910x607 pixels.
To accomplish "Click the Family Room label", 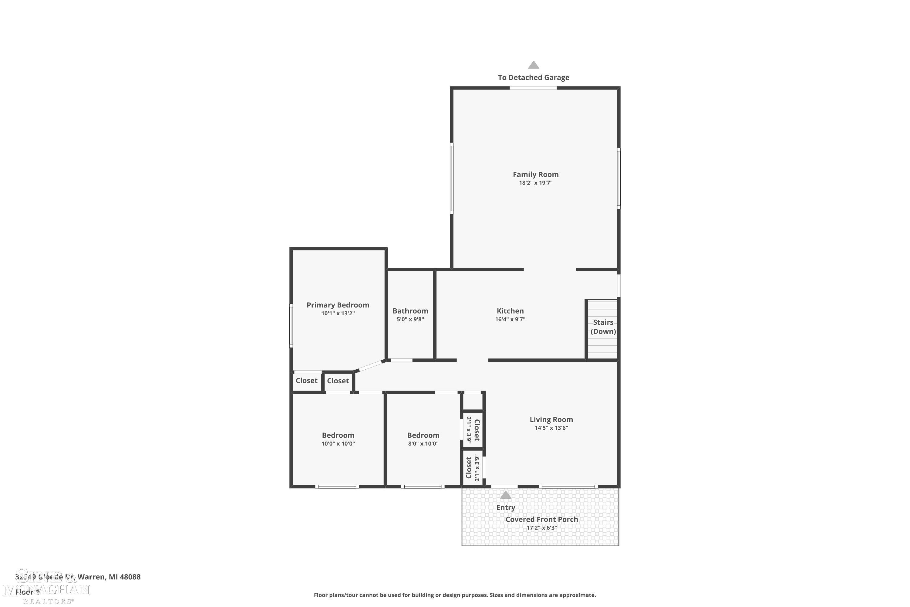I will pyautogui.click(x=535, y=174).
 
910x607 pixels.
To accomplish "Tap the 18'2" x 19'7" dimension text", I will pyautogui.click(x=535, y=183).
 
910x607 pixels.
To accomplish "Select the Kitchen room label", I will pyautogui.click(x=510, y=311).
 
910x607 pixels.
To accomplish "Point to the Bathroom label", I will pyautogui.click(x=410, y=311).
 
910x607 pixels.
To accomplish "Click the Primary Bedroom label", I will pyautogui.click(x=338, y=305).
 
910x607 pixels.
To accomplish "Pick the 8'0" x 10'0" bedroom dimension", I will pyautogui.click(x=423, y=444).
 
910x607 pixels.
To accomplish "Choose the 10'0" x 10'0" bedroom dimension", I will pyautogui.click(x=338, y=444).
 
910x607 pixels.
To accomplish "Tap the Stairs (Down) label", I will pyautogui.click(x=603, y=327).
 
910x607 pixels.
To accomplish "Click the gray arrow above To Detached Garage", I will pyautogui.click(x=534, y=65).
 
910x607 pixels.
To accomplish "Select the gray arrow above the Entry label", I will pyautogui.click(x=505, y=495).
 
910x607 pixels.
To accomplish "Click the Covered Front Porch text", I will pyautogui.click(x=541, y=520).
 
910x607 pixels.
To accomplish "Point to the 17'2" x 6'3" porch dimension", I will pyautogui.click(x=541, y=528).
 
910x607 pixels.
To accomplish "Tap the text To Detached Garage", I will pyautogui.click(x=533, y=77).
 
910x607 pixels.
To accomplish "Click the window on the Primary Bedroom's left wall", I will pyautogui.click(x=291, y=325).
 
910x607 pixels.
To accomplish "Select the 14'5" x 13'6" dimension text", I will pyautogui.click(x=551, y=428).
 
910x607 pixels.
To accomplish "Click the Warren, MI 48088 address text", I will pyautogui.click(x=109, y=577).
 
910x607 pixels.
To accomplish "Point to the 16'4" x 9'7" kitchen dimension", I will pyautogui.click(x=510, y=319).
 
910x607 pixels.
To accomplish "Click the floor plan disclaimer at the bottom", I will pyautogui.click(x=455, y=595).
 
